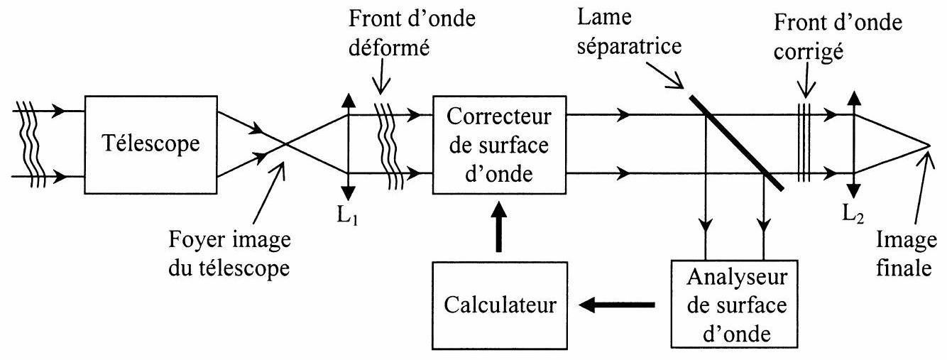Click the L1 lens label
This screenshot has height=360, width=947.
coord(347,216)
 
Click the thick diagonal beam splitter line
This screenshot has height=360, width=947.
coord(736,143)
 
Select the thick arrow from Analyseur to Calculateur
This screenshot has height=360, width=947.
coord(617,305)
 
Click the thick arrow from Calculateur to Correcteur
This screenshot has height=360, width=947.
coord(499,227)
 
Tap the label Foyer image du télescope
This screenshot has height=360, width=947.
coord(229,253)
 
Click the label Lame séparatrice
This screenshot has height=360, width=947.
coord(629,32)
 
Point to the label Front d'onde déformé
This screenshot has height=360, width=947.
coord(412,33)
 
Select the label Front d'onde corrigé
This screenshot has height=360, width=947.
coord(838,37)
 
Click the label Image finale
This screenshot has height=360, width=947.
coord(906,253)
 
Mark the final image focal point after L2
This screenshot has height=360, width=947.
coord(929,145)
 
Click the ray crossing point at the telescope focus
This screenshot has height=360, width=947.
coord(286,144)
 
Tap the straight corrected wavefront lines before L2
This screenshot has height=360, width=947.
coord(804,143)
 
